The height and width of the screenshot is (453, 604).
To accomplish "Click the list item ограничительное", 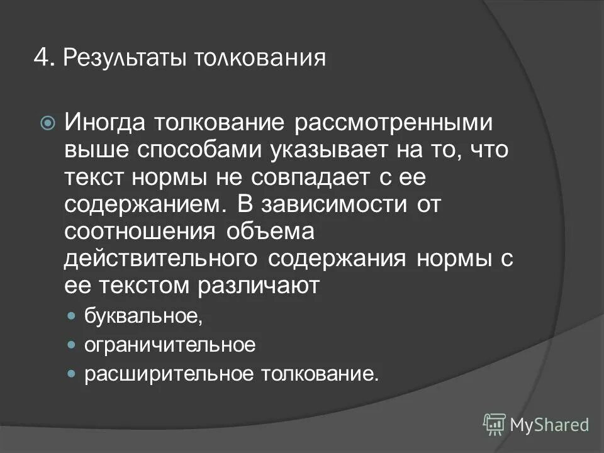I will click(x=170, y=345).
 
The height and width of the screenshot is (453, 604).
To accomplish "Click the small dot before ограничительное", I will click(x=72, y=345).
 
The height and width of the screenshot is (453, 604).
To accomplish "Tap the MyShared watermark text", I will click(x=549, y=424).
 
